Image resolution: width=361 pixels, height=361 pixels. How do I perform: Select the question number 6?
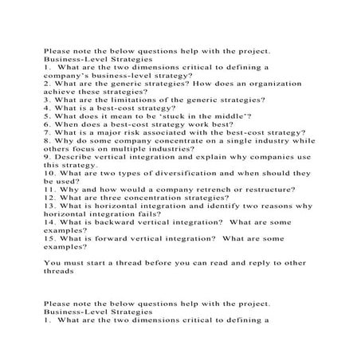pyautogui.click(x=47, y=123)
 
